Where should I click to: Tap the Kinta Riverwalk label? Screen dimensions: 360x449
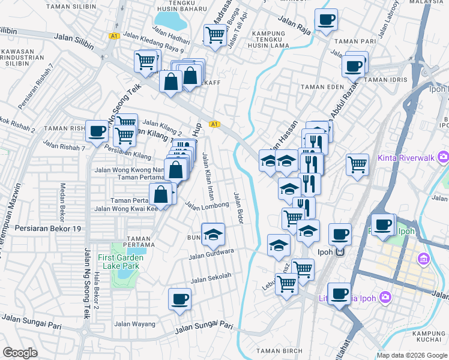[x=406, y=158]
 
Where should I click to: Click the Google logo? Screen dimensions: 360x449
[x=20, y=353]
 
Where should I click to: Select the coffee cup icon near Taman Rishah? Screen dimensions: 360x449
[x=97, y=131]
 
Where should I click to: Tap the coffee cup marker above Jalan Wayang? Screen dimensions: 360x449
[x=179, y=298]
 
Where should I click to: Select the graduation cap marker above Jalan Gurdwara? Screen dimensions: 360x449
[x=212, y=235]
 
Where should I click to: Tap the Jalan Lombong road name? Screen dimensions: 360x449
[x=207, y=206]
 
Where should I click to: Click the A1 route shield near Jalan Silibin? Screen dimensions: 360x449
[x=114, y=37]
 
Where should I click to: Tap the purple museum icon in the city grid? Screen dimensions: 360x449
[x=424, y=259]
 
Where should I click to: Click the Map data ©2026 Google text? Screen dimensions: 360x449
[x=412, y=355]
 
